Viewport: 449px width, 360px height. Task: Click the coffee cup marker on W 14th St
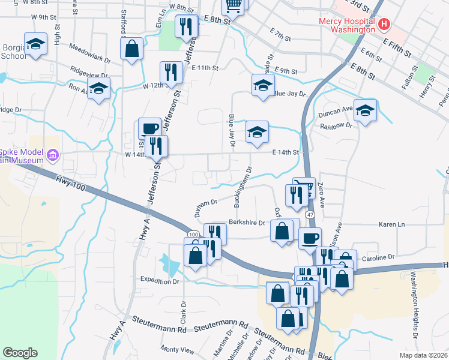pyautogui.click(x=149, y=128)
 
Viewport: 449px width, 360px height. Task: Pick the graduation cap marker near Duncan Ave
pyautogui.click(x=364, y=110)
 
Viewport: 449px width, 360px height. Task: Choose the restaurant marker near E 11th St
pyautogui.click(x=172, y=73)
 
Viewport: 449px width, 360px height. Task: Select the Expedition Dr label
pyautogui.click(x=160, y=280)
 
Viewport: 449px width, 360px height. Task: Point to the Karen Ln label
pyautogui.click(x=394, y=224)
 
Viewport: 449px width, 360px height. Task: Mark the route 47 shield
pyautogui.click(x=310, y=214)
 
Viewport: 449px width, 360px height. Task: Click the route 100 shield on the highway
pyautogui.click(x=193, y=234)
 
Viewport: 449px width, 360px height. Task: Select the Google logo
pyautogui.click(x=20, y=353)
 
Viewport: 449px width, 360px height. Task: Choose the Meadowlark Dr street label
pyautogui.click(x=90, y=53)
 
